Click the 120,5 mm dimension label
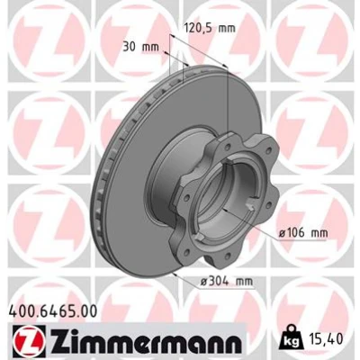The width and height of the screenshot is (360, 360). pyautogui.click(x=209, y=28)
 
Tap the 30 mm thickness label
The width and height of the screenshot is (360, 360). pyautogui.click(x=140, y=47)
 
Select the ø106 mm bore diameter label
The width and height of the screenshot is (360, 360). pyautogui.click(x=303, y=232)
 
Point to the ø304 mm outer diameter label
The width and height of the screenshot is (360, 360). pyautogui.click(x=227, y=282)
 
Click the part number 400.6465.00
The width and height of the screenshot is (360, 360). pyautogui.click(x=53, y=311)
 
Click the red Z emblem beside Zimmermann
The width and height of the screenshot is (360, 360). pyautogui.click(x=29, y=341)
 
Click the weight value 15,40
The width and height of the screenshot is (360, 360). pyautogui.click(x=325, y=339)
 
